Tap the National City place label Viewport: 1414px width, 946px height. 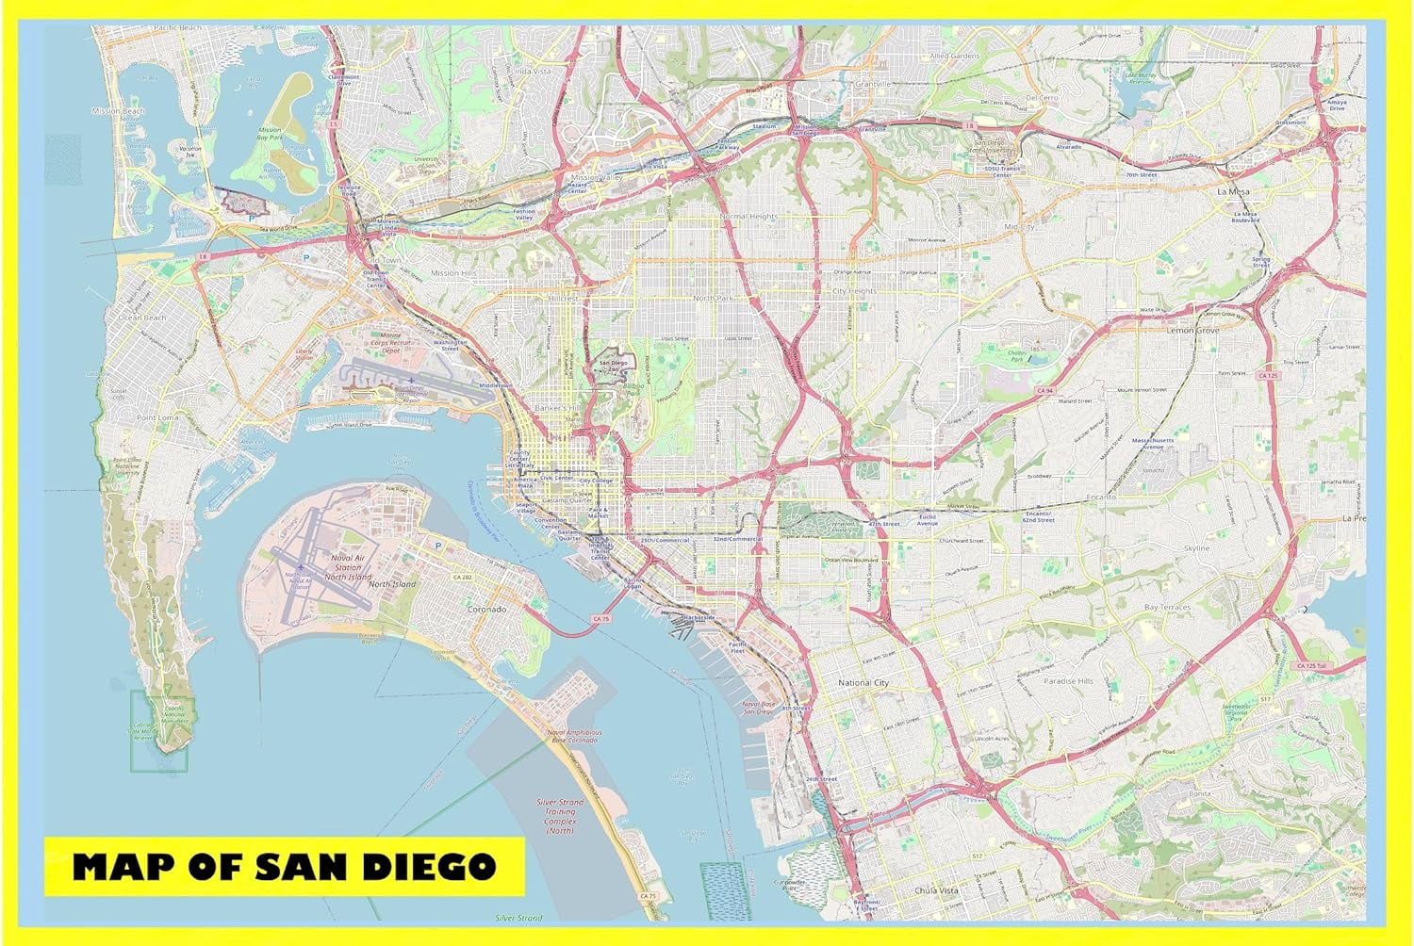(x=863, y=682)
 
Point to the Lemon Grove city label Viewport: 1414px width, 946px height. (x=1193, y=331)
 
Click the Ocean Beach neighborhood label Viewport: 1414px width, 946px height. (x=141, y=318)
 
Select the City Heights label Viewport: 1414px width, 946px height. (x=854, y=291)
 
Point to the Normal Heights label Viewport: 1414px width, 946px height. (x=749, y=217)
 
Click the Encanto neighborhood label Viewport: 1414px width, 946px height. (x=1099, y=497)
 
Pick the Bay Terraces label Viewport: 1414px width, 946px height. (x=1167, y=608)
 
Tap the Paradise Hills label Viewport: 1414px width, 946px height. (x=1068, y=680)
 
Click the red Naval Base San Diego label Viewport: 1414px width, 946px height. (x=758, y=707)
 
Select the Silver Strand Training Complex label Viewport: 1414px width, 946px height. (x=559, y=816)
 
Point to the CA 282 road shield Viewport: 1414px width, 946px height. (x=462, y=577)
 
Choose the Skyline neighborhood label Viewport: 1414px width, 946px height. (x=1196, y=548)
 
